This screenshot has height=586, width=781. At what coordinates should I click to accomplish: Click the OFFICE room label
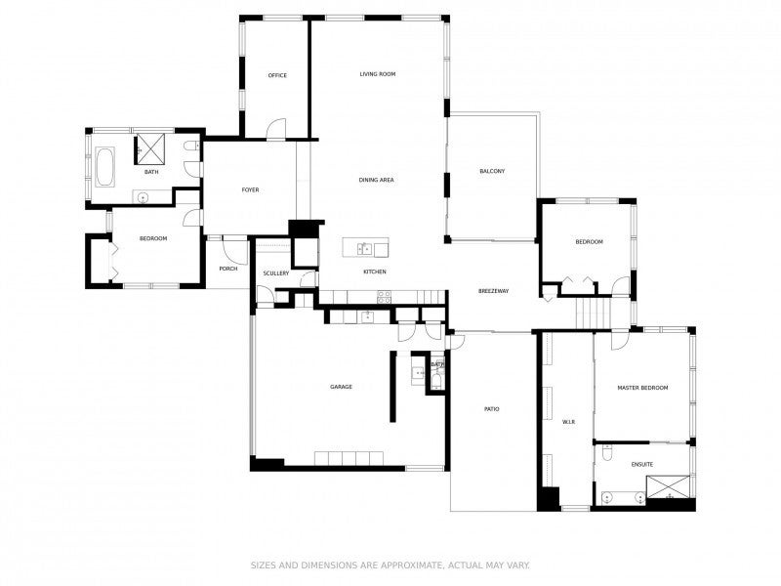point(277,75)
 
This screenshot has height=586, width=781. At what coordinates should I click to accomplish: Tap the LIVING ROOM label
point(377,74)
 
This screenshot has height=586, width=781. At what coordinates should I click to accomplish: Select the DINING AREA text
point(376,180)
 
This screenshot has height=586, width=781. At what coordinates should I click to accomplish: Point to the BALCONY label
point(492,171)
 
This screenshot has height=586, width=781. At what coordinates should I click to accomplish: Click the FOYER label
point(250,189)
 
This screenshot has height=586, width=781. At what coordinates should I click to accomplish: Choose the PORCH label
point(228,269)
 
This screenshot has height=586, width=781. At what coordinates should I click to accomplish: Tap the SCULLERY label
point(276,273)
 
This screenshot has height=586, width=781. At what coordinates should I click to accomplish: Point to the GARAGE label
point(341,387)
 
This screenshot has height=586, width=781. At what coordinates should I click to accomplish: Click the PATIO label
point(491,408)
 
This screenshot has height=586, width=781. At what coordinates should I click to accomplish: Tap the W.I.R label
point(569,422)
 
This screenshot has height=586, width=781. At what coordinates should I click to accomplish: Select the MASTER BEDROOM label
point(642,388)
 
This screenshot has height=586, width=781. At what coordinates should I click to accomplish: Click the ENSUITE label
point(642,463)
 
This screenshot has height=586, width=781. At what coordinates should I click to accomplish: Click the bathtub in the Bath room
point(103,168)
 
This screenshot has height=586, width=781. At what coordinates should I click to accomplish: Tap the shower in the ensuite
point(674,486)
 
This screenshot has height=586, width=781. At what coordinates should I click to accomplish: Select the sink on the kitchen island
point(364,247)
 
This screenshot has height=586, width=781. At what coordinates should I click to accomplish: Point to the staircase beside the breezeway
point(592,314)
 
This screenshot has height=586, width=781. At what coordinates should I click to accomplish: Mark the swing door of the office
point(278,128)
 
